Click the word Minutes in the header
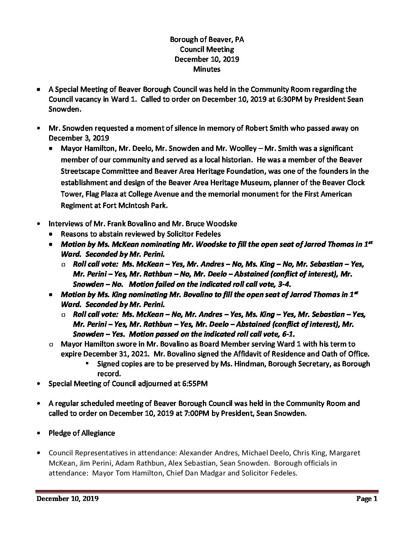tap(207, 69)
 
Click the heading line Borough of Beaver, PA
tap(207, 39)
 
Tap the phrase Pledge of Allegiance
tap(82, 433)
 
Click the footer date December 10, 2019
tap(68, 499)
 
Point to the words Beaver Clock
tap(344, 183)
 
